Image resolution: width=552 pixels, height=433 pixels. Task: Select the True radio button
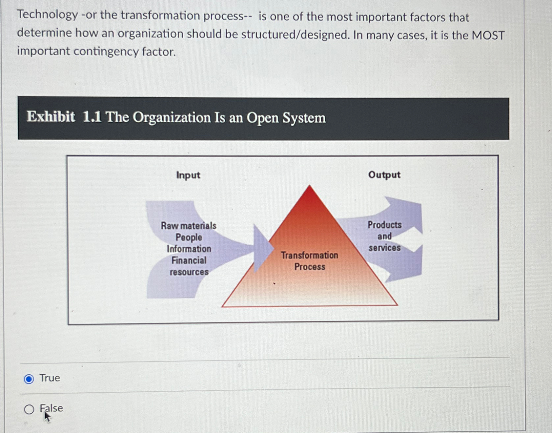click(x=29, y=379)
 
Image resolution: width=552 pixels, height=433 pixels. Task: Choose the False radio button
click(x=29, y=409)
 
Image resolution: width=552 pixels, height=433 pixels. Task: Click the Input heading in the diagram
click(x=188, y=175)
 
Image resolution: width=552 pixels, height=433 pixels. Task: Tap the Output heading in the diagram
click(x=384, y=175)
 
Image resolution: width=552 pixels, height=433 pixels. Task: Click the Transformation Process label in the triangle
click(x=310, y=261)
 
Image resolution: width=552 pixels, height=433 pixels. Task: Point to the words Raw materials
click(x=189, y=226)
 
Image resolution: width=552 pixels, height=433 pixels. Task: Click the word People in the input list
click(x=189, y=237)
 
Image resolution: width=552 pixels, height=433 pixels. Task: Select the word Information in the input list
click(x=189, y=249)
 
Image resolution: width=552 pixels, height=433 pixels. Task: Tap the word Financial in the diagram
click(x=189, y=260)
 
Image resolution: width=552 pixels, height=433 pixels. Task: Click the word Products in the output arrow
click(x=384, y=225)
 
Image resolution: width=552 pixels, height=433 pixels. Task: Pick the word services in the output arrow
click(x=384, y=248)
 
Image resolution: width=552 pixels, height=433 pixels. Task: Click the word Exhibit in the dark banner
click(x=51, y=117)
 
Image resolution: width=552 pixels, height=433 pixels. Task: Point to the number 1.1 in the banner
click(x=92, y=117)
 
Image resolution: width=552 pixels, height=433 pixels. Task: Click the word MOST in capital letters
click(x=488, y=35)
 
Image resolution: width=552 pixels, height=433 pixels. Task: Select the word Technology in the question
click(x=48, y=15)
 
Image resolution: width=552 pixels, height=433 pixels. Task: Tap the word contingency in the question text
click(x=106, y=52)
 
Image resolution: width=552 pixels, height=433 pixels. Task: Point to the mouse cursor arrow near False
click(x=47, y=417)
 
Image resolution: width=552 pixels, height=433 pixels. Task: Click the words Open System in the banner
click(x=286, y=118)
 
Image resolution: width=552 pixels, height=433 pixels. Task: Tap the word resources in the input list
click(x=189, y=272)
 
